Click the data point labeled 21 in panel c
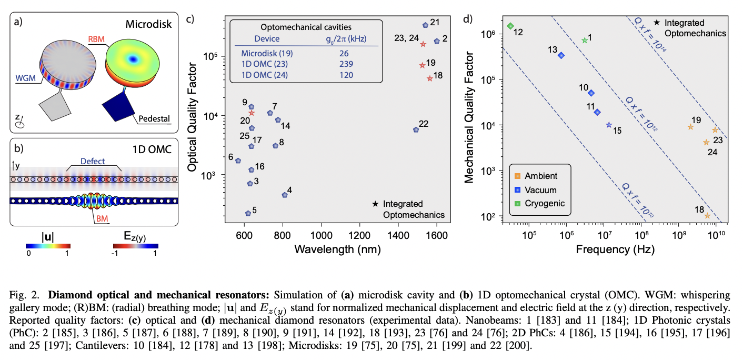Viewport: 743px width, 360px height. pyautogui.click(x=426, y=25)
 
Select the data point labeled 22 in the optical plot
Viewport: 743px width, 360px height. pyautogui.click(x=416, y=129)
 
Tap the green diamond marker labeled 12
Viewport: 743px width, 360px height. pyautogui.click(x=510, y=26)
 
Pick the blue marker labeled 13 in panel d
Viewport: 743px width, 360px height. pyautogui.click(x=561, y=55)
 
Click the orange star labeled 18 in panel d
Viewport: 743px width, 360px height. pyautogui.click(x=707, y=216)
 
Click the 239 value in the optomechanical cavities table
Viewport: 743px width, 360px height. pyautogui.click(x=346, y=64)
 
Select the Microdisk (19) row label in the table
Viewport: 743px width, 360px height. pyautogui.click(x=267, y=53)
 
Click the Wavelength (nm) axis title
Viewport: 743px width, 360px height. pyautogui.click(x=337, y=248)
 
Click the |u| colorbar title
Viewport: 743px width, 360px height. pyautogui.click(x=47, y=236)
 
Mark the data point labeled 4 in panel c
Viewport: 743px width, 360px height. pyautogui.click(x=285, y=195)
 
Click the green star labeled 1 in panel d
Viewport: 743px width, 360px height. pyautogui.click(x=584, y=41)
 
